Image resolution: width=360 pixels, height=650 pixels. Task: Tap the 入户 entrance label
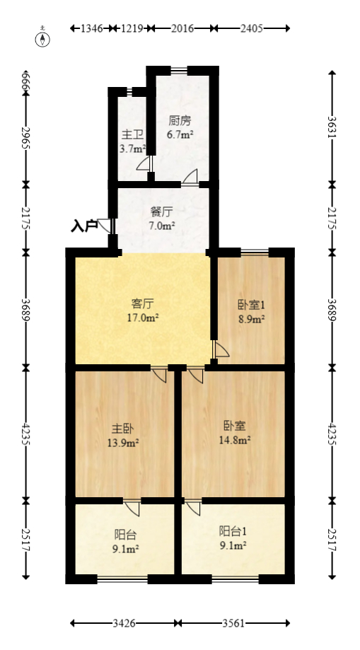click(x=84, y=226)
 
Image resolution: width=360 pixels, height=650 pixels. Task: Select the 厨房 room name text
click(x=180, y=120)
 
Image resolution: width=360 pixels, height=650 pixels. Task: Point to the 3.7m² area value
click(x=132, y=149)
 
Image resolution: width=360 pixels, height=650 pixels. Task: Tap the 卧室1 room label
click(x=251, y=306)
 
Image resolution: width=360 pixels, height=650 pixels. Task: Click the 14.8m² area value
click(x=236, y=439)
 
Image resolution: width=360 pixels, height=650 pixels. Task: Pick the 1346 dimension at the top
click(x=92, y=28)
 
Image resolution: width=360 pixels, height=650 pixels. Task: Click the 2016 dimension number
click(x=182, y=28)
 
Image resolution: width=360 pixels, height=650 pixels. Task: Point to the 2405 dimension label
click(x=251, y=28)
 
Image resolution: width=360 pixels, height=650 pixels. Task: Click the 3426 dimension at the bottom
click(x=124, y=623)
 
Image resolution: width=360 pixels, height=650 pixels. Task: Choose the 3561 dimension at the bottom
click(x=234, y=623)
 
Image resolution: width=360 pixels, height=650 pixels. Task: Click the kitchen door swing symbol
click(x=190, y=178)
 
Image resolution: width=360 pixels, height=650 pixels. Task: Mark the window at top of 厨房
click(x=180, y=69)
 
